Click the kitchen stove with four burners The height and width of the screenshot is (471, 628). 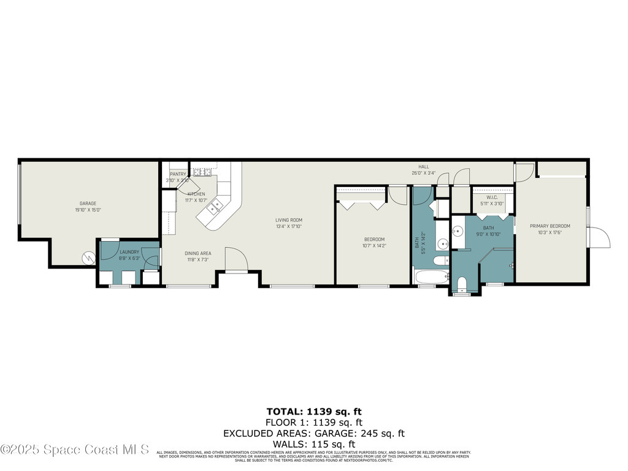point(202,172)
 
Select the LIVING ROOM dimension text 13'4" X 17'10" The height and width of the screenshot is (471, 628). point(288,226)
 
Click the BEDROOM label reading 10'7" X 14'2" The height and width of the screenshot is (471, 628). point(374,242)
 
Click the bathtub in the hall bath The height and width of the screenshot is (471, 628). point(432,277)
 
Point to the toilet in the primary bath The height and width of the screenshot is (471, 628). point(462,284)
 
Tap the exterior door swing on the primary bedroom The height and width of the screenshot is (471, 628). point(599,237)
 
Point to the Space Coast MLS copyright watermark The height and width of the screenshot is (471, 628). point(75,450)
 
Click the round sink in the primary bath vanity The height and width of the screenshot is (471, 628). point(458,232)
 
